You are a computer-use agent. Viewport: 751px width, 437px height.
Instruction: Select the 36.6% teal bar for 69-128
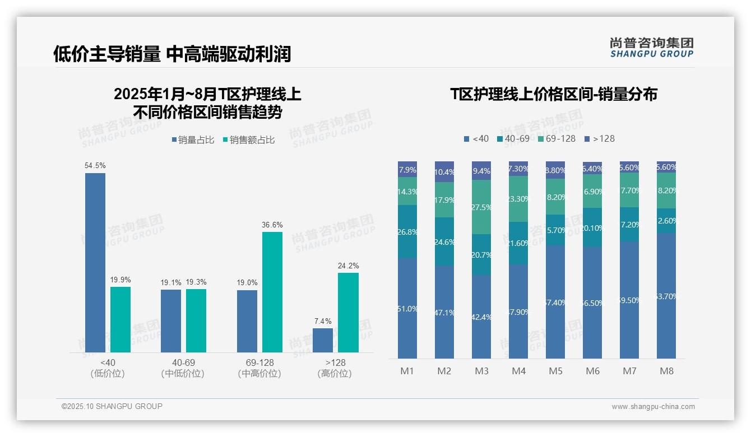click(x=272, y=292)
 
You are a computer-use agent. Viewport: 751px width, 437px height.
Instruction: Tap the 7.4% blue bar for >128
click(x=323, y=340)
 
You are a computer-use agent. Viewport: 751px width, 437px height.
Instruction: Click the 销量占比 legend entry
click(x=192, y=140)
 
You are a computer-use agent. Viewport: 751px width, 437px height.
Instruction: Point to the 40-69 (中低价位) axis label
click(x=183, y=368)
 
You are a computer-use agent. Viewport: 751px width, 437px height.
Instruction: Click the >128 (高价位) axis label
click(x=335, y=368)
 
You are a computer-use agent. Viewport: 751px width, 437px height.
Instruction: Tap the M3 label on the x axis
click(x=481, y=371)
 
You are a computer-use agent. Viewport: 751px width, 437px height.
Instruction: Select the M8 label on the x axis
click(x=666, y=371)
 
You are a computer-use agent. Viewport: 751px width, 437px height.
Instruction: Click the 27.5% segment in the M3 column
click(x=481, y=207)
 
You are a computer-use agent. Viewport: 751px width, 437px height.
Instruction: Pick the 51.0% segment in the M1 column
click(x=407, y=308)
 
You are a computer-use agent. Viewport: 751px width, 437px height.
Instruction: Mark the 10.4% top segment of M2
click(x=444, y=172)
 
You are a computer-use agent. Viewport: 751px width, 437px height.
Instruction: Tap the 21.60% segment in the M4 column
click(x=518, y=243)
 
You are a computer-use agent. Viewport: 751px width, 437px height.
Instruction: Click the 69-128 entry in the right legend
click(x=557, y=138)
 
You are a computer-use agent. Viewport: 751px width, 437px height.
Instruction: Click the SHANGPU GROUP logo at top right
click(x=652, y=48)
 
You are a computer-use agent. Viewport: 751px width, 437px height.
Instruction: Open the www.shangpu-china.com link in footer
click(x=653, y=407)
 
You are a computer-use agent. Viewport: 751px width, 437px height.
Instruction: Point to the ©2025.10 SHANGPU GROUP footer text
click(x=112, y=406)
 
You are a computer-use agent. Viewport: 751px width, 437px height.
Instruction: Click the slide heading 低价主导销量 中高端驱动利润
click(x=172, y=54)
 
